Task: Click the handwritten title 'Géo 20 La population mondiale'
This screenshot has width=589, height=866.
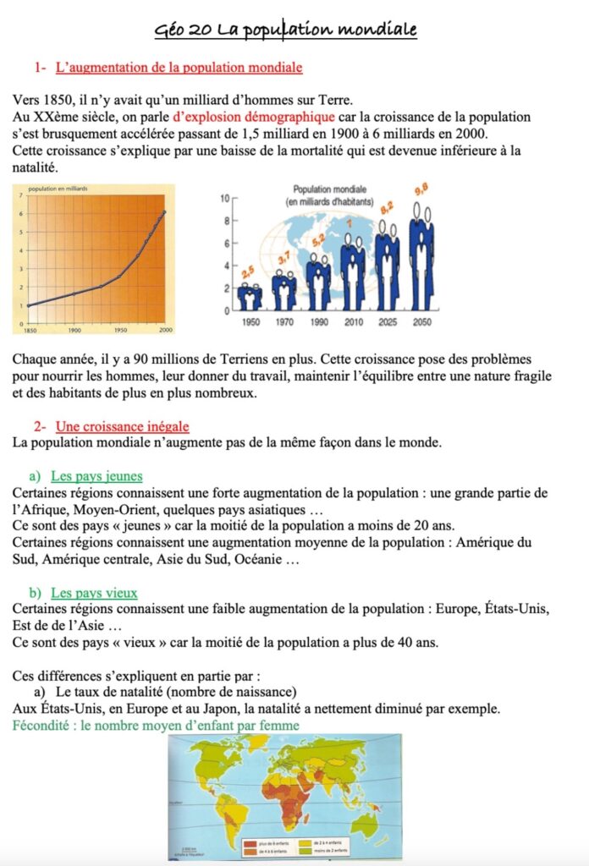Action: tap(285, 30)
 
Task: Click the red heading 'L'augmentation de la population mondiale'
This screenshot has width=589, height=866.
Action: tap(179, 67)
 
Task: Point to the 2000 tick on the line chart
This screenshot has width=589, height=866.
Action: tap(165, 329)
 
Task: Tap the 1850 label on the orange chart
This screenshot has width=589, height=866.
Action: tap(30, 329)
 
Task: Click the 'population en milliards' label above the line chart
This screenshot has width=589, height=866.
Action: tap(58, 189)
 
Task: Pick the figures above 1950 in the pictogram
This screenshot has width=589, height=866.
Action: tap(250, 296)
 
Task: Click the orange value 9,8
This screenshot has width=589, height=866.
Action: tap(421, 190)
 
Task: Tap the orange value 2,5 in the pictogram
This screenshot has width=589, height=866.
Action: tap(248, 272)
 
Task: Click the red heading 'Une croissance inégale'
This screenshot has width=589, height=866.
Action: tap(122, 426)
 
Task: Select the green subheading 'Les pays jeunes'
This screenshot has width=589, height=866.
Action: tap(96, 476)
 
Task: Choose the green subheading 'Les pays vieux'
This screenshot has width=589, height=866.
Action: tap(94, 593)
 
